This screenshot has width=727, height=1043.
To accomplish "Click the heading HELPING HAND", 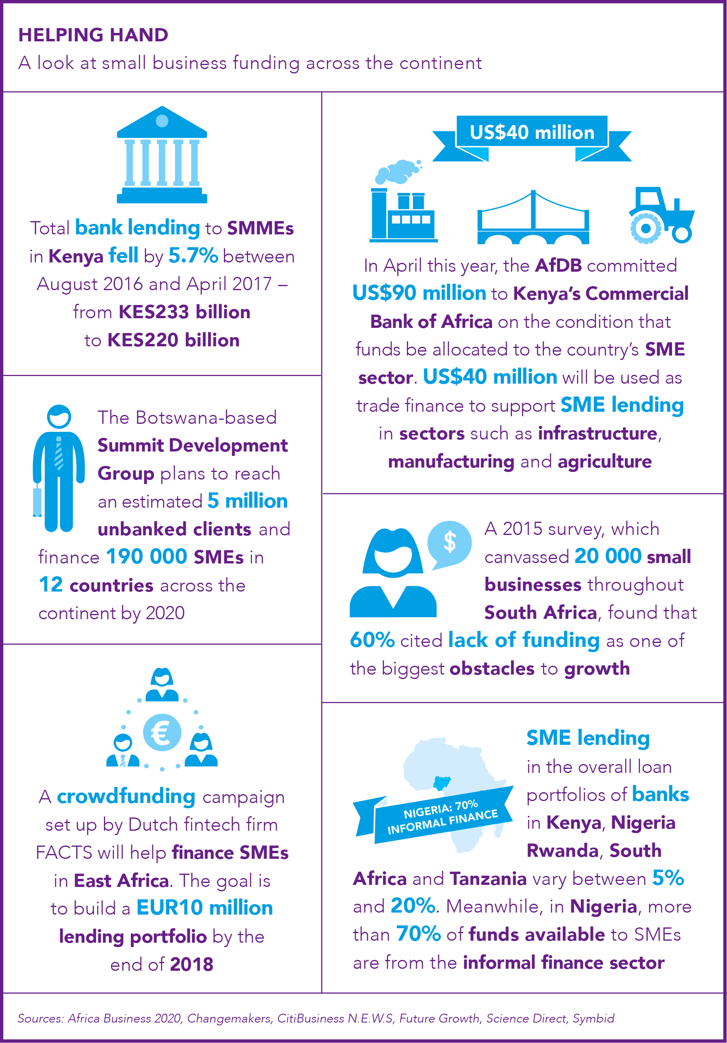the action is [93, 35].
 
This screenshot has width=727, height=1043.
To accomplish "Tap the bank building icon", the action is [162, 155].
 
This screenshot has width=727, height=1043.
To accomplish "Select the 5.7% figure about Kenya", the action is [193, 256].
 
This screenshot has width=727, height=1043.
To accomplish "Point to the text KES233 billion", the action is [185, 312].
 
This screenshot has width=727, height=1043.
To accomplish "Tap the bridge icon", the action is [533, 217].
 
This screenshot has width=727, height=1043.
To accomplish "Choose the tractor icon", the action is [662, 214].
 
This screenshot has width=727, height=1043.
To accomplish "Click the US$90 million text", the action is [419, 293].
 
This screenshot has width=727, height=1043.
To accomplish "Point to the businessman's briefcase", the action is [37, 501].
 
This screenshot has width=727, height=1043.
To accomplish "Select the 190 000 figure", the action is [146, 557].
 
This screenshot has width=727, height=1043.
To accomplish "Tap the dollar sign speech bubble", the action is [449, 544].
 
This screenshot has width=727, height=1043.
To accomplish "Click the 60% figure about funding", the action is [372, 640].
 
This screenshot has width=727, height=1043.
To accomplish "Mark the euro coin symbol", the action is [162, 733].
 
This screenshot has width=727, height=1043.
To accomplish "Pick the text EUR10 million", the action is [205, 908].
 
